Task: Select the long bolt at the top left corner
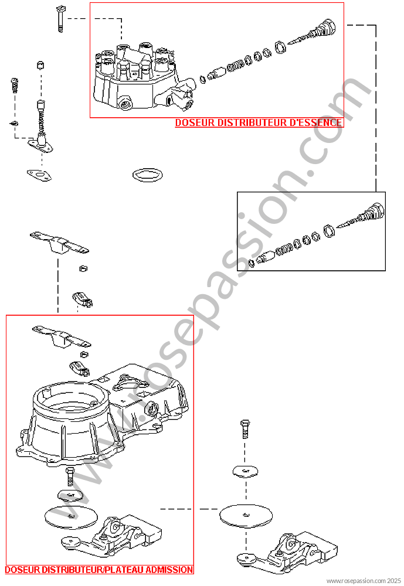(x=60, y=19)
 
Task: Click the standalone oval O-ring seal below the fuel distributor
(x=147, y=175)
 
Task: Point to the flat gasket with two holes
(x=39, y=175)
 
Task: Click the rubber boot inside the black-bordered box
(x=372, y=213)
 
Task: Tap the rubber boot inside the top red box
(x=324, y=29)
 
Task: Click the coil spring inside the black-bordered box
(x=284, y=248)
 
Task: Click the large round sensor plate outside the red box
(x=246, y=515)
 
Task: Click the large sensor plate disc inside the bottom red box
(x=71, y=517)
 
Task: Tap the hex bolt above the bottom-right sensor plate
(x=245, y=429)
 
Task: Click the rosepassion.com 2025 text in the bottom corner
(x=364, y=581)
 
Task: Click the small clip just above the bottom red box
(x=82, y=299)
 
